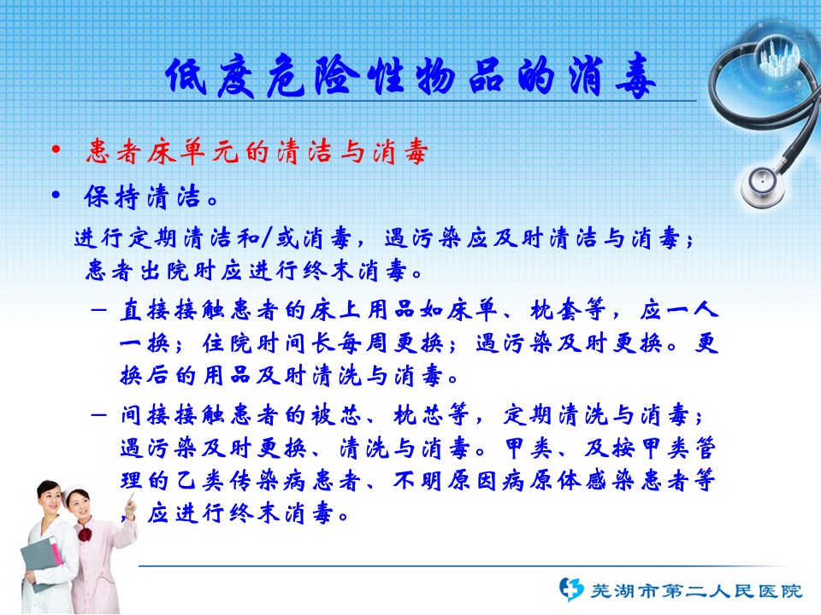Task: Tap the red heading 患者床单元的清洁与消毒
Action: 257,152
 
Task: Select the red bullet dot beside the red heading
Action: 56,150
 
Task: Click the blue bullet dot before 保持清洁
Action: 56,195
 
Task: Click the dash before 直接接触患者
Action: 98,310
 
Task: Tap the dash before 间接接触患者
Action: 98,416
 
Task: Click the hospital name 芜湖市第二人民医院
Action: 696,591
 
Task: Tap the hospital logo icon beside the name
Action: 570,589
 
